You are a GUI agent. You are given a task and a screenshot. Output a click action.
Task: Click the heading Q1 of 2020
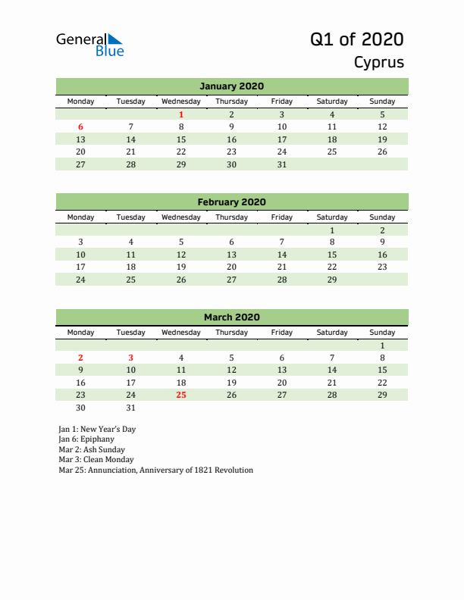pos(356,39)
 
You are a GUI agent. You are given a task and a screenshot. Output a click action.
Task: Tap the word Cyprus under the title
pos(378,62)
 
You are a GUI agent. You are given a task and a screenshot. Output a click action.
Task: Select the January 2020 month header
pos(231,86)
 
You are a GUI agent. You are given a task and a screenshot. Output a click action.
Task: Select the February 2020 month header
pos(231,202)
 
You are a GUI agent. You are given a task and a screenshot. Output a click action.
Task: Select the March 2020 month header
pos(231,317)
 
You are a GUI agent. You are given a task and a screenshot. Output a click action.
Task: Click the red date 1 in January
pos(181,115)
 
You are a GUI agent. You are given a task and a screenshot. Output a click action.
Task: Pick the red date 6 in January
pos(81,127)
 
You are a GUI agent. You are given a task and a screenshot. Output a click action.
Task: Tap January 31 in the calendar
pos(282,164)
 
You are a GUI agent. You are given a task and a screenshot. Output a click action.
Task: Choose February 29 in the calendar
pos(332,280)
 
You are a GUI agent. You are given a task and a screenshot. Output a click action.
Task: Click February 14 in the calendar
pos(282,255)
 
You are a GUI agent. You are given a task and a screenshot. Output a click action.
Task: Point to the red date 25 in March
pos(181,395)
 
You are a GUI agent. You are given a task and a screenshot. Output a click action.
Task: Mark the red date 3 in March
pos(131,358)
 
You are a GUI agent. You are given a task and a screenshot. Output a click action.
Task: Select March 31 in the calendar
pos(131,407)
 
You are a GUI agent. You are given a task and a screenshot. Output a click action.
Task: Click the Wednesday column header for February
pos(181,217)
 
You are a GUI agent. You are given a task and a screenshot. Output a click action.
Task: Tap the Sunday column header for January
pos(382,102)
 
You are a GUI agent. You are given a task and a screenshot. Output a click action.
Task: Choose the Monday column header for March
pos(81,333)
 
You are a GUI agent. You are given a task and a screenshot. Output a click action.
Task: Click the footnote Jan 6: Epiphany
pos(86,439)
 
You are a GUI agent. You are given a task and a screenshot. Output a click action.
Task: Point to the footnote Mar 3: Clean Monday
pos(96,460)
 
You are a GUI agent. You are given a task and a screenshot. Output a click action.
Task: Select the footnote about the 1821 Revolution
pos(155,470)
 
